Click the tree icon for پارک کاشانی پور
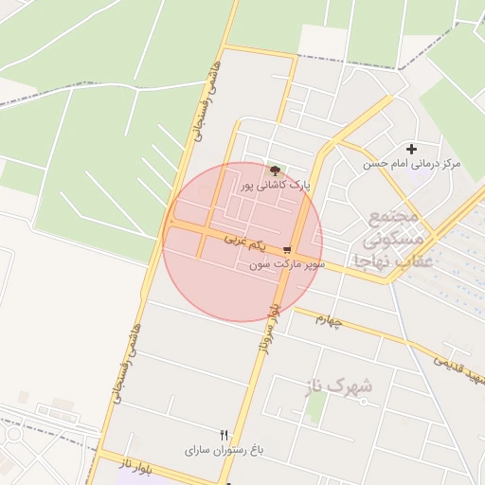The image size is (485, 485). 275,171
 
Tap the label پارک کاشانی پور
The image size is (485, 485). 276,184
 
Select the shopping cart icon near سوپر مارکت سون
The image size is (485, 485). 287,250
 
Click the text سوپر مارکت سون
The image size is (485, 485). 287,264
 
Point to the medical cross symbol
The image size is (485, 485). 411,149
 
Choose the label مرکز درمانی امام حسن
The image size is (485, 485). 411,164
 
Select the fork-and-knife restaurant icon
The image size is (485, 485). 224,435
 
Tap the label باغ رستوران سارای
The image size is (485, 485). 224,449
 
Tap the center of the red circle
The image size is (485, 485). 242,242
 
